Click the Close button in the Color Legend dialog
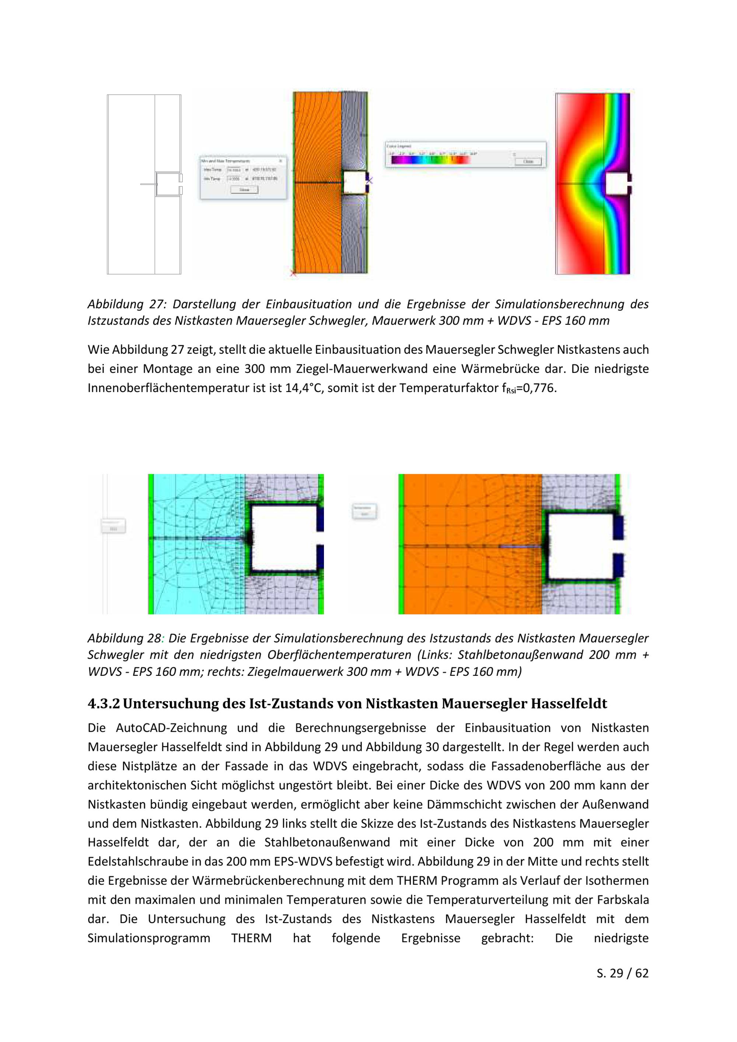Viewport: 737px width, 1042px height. coord(528,161)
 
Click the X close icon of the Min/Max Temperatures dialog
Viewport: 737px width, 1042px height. coord(280,161)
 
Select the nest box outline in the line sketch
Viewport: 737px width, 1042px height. coord(168,184)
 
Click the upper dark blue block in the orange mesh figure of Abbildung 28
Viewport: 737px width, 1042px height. coord(618,527)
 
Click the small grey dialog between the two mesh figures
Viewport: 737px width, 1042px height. coord(364,511)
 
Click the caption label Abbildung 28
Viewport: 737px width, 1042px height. coord(124,638)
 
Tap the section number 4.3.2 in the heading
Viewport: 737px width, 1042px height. coord(104,703)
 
